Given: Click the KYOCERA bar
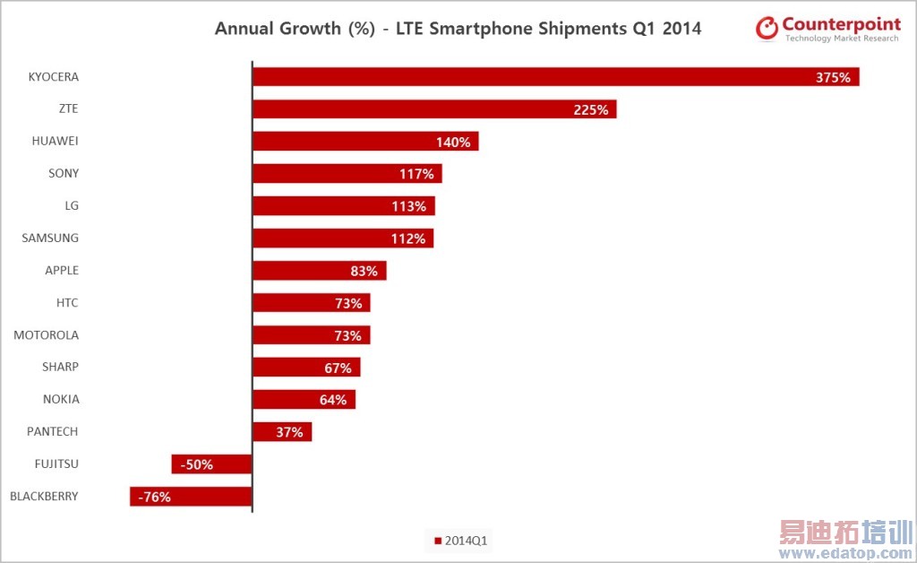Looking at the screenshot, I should click(555, 77).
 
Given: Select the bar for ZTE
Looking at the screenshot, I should click(434, 109).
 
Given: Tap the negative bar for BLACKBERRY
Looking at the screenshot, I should click(191, 497).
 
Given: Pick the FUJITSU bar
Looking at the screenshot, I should click(211, 464).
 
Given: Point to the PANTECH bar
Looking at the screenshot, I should click(282, 432).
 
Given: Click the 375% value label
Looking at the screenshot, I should click(833, 78).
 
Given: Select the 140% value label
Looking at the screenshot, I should click(453, 142).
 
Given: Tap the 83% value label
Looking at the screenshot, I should click(363, 271).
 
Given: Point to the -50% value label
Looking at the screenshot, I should click(196, 464).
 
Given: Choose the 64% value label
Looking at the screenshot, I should click(332, 400).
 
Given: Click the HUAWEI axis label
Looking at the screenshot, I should click(56, 142).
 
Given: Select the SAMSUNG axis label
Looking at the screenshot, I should click(50, 238).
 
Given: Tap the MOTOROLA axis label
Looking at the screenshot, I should click(46, 335).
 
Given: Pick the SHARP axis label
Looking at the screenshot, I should click(60, 368).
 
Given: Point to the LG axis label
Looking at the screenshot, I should click(72, 206).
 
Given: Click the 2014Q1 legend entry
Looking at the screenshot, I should click(461, 541).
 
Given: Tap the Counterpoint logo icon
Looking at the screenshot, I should click(767, 28).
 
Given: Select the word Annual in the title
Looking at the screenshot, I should click(245, 29).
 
